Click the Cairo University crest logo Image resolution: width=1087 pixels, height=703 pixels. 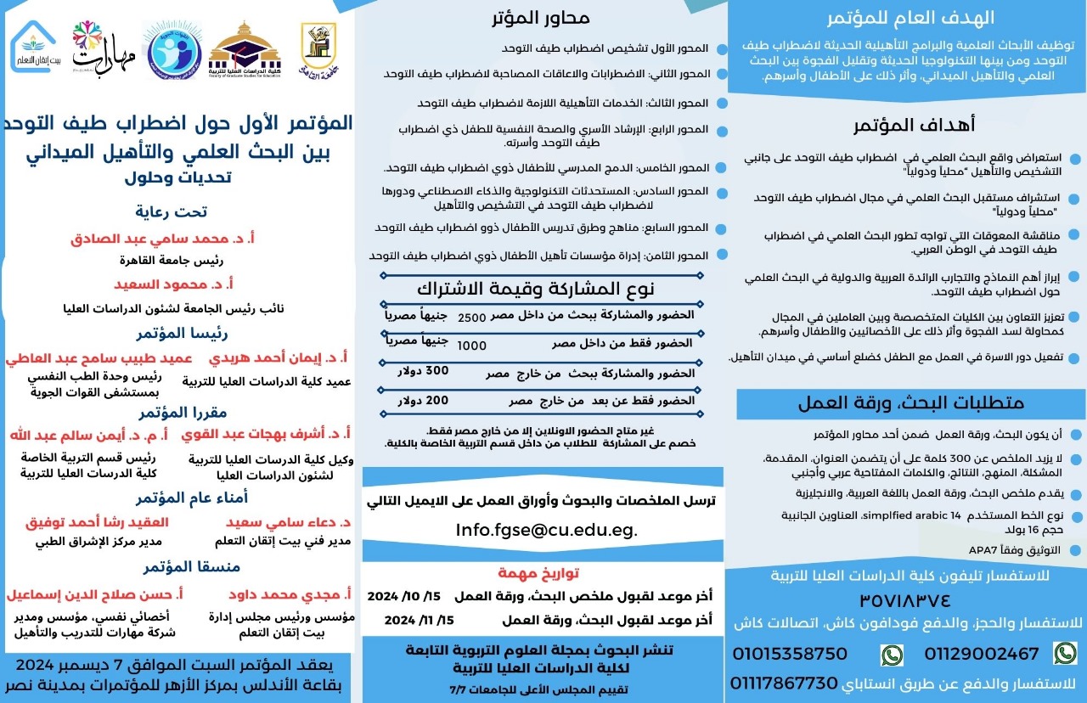[x=318, y=47]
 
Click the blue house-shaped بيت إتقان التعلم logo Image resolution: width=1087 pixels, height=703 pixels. [x=34, y=47]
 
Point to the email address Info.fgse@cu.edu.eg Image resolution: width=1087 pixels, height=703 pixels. [x=545, y=531]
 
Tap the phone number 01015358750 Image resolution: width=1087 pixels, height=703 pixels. [x=790, y=654]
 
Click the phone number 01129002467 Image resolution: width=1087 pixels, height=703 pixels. [x=983, y=654]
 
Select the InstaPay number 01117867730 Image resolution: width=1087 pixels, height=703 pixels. [x=784, y=683]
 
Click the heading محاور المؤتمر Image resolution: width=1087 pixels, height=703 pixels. [x=541, y=18]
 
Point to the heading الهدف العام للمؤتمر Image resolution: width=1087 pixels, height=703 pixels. [x=910, y=18]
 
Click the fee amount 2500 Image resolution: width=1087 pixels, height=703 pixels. [x=472, y=316]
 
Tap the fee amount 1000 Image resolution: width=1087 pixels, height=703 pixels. [x=472, y=346]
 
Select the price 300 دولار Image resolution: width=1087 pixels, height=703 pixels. [x=424, y=371]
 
